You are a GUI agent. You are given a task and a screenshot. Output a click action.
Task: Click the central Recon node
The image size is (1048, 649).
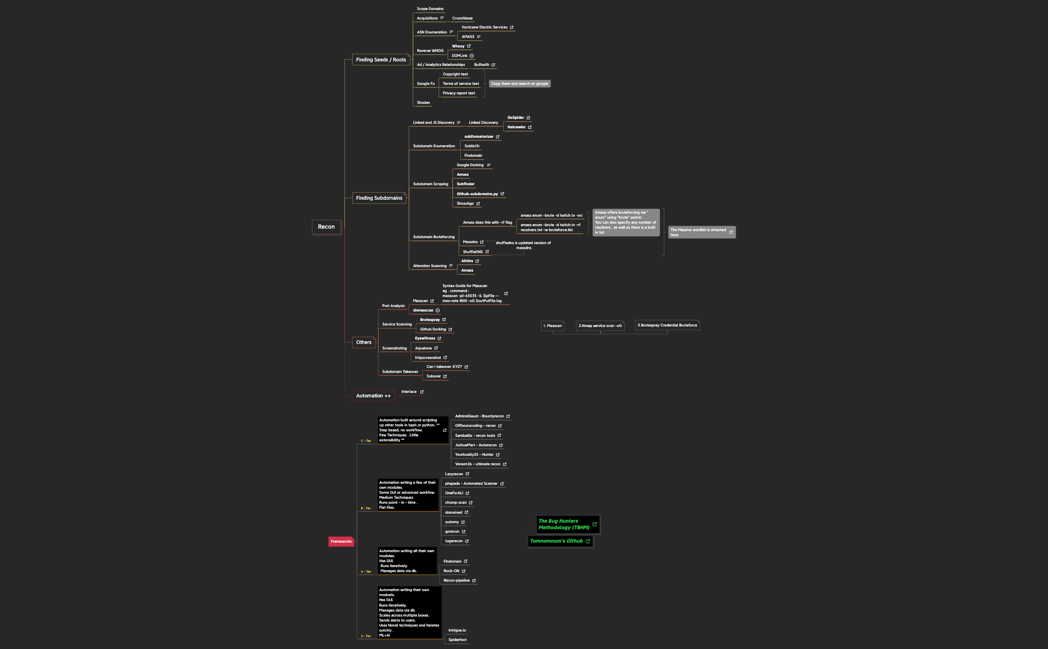pos(326,227)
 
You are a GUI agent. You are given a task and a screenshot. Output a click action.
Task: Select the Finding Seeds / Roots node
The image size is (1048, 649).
pos(381,60)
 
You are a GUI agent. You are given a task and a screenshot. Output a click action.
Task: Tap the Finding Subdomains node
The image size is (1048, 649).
pos(379,198)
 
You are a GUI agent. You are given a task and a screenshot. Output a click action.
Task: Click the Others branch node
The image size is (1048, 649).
pos(363,342)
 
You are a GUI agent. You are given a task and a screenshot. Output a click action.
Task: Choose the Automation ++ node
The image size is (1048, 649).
pos(373,396)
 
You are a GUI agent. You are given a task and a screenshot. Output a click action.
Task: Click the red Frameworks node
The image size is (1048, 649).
pos(341,542)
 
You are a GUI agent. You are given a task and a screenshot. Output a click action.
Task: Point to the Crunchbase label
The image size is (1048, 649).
pos(462,18)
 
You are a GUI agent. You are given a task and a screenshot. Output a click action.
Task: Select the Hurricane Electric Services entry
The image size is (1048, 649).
pos(484,27)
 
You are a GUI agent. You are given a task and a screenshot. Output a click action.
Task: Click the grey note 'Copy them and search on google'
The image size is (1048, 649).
pos(520,84)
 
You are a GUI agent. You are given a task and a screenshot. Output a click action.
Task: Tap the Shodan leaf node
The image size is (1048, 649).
pos(423,103)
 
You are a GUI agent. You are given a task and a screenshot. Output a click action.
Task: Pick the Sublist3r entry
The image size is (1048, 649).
pos(472,146)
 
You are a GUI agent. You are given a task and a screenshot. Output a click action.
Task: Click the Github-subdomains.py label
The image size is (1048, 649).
pos(477,194)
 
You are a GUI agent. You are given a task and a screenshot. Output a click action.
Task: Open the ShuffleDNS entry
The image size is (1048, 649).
pos(473,252)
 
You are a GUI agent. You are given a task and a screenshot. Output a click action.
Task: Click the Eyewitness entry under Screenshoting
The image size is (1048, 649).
pos(425,338)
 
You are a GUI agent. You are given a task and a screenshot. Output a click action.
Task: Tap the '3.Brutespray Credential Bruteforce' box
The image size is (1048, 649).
pos(667,325)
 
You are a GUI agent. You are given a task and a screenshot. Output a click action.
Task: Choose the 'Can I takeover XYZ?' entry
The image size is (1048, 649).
pos(444,367)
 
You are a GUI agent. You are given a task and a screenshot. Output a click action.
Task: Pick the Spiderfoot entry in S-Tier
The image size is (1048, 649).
pos(457,640)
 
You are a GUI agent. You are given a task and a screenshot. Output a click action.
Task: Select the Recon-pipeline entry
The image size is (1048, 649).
pos(457,581)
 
